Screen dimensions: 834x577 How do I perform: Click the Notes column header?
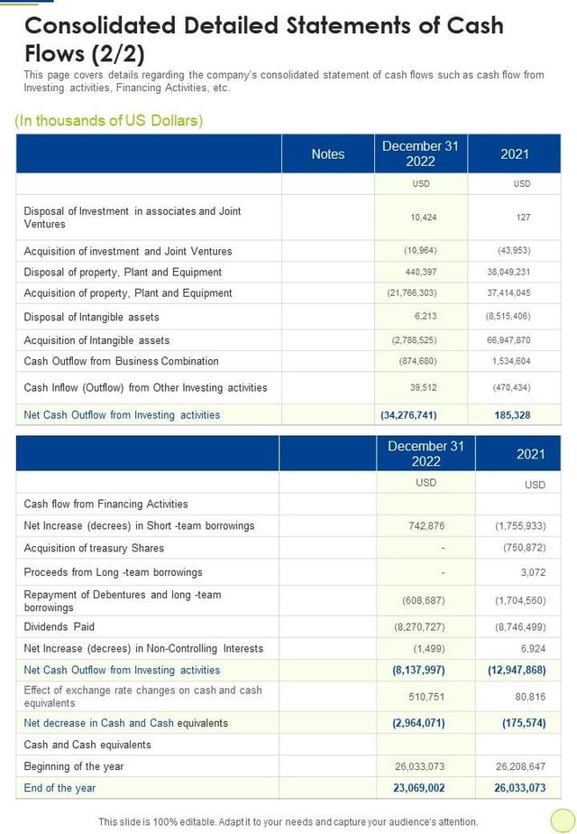327,154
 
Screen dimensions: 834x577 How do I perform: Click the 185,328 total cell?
513,415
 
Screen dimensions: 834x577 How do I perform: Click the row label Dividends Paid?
60,626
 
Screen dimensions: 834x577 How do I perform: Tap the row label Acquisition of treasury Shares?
95,548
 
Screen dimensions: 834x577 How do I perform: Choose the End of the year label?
60,788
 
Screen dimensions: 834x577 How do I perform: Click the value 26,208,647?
520,766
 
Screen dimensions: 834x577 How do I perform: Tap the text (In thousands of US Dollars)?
109,120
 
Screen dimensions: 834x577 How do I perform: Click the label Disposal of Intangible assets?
92,317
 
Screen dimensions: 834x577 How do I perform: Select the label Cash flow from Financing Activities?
106,504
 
